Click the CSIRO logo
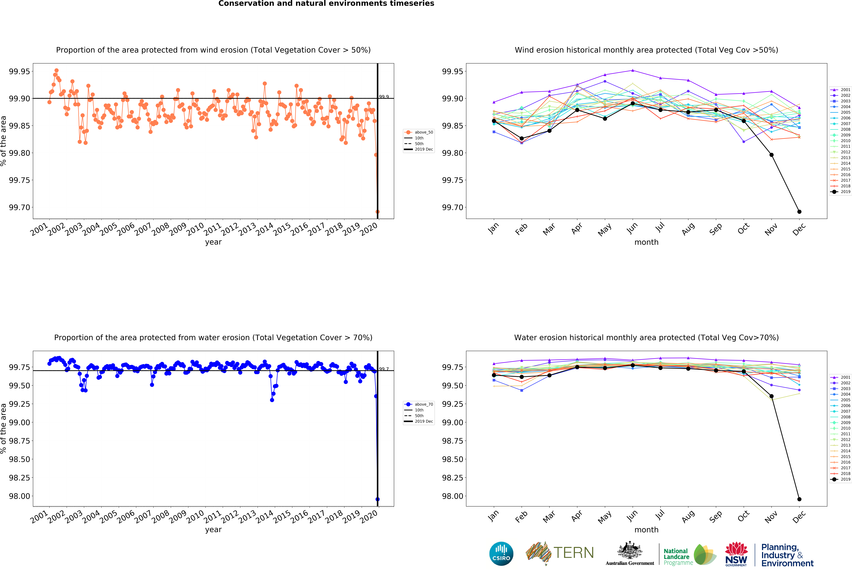point(501,554)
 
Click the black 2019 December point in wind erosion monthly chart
point(799,212)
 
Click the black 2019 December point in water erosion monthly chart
point(799,499)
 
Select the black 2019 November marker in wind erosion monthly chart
point(771,155)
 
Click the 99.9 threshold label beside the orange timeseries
point(384,97)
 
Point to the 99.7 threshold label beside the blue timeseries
point(384,369)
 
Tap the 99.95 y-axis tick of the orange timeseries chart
point(19,71)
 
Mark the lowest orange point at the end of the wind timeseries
point(378,212)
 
